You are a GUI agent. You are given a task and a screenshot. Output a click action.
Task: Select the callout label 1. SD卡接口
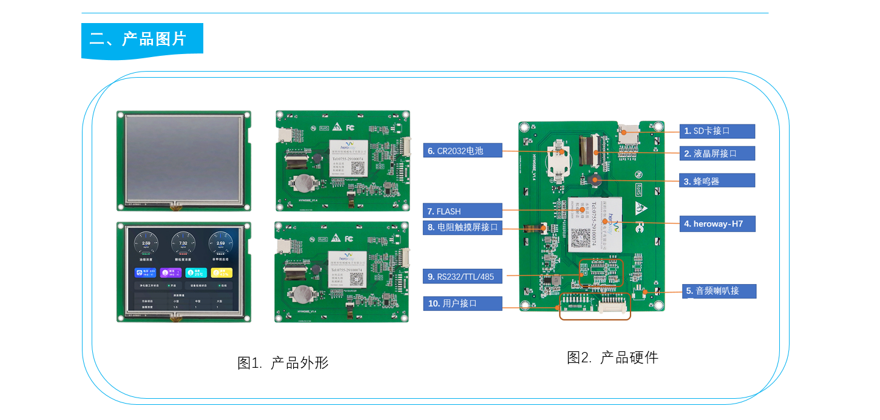click(x=718, y=131)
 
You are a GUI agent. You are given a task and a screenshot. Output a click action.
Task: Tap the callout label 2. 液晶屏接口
click(x=718, y=154)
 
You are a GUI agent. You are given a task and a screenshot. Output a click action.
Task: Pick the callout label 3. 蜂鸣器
click(x=718, y=181)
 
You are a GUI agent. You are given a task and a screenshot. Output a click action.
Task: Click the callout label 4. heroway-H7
click(x=718, y=224)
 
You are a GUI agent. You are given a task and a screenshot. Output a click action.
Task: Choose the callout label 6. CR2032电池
click(x=462, y=151)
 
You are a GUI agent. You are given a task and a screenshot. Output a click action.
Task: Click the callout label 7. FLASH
click(x=462, y=211)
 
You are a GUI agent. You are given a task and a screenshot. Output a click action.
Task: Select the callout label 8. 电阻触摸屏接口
click(x=462, y=228)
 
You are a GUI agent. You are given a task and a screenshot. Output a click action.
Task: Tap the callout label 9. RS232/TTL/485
click(x=462, y=277)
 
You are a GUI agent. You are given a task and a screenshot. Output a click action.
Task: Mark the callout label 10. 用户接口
click(x=462, y=303)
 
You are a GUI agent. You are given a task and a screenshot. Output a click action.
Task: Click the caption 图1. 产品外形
click(x=283, y=363)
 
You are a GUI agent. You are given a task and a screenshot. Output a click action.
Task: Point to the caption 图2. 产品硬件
click(x=612, y=357)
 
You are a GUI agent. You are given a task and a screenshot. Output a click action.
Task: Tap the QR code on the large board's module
click(x=581, y=237)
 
